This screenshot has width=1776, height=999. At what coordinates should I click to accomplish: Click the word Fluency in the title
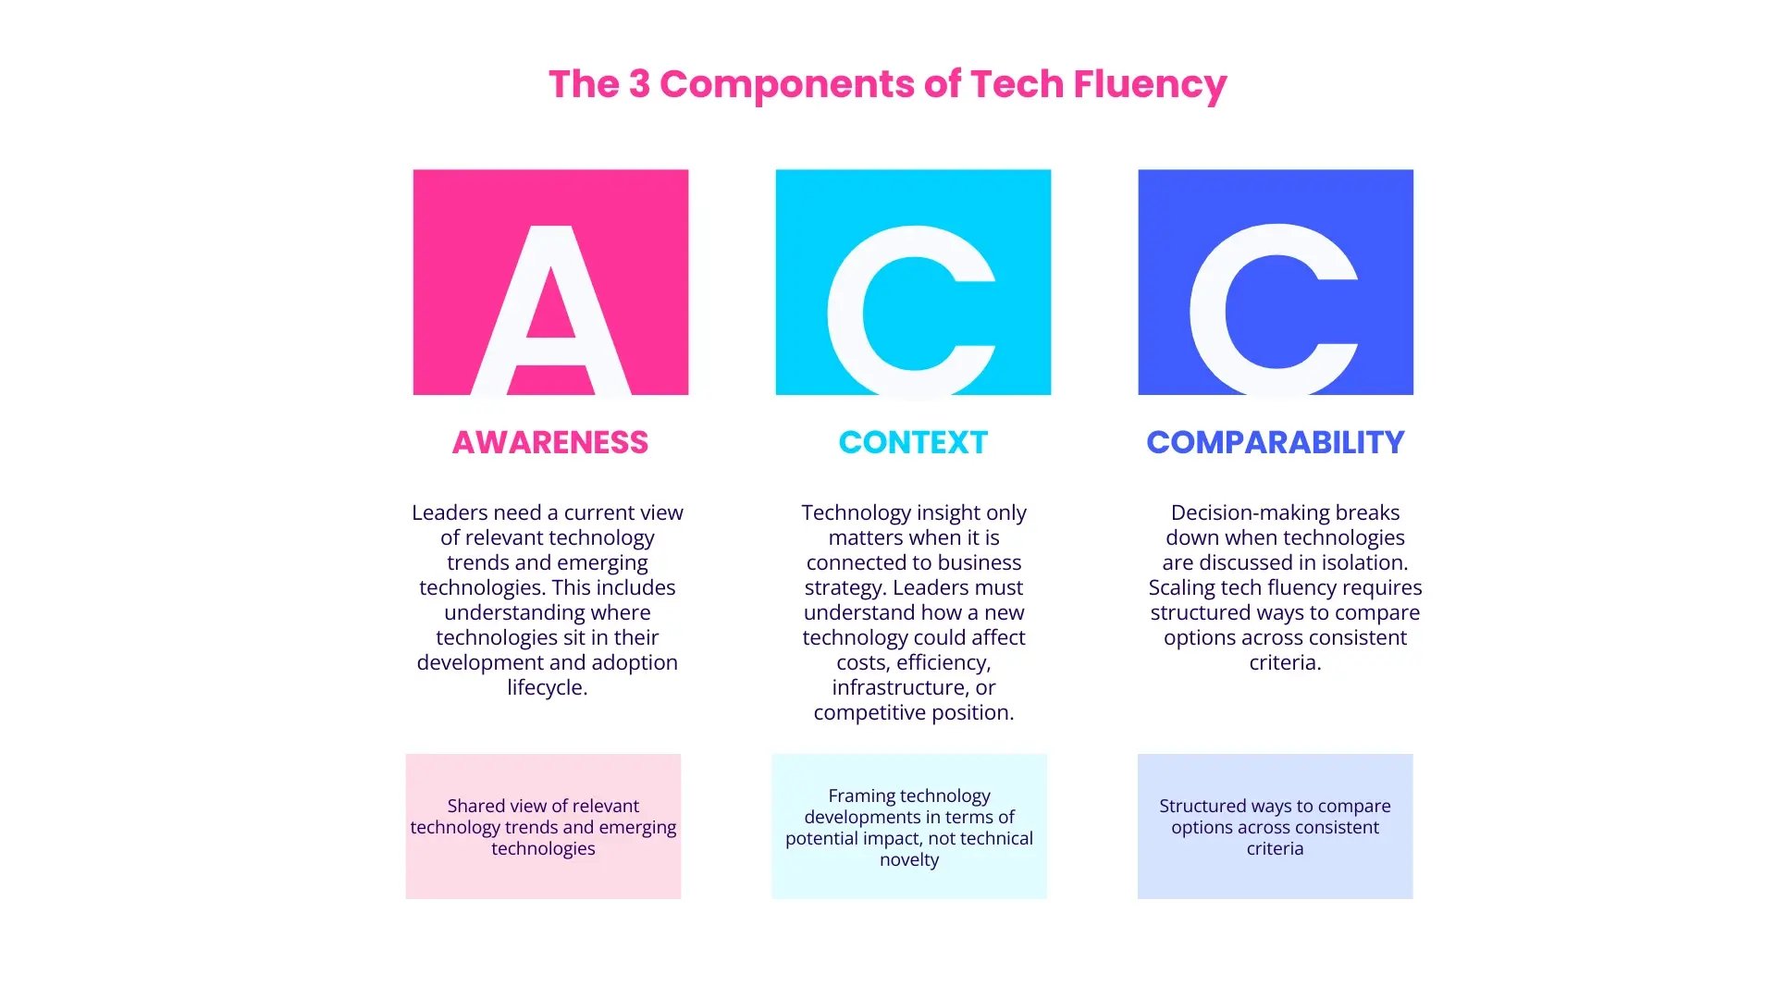[1150, 84]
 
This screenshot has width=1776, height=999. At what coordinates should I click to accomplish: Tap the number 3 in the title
[639, 84]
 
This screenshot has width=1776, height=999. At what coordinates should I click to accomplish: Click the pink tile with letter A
[550, 282]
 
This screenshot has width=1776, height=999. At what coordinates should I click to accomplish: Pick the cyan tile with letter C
[913, 282]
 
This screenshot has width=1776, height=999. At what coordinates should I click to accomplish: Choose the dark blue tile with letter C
[1276, 282]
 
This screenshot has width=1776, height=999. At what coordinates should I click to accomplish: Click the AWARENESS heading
[550, 442]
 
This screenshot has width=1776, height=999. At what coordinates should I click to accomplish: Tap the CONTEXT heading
[913, 442]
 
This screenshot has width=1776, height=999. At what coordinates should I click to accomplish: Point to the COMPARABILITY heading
[1276, 442]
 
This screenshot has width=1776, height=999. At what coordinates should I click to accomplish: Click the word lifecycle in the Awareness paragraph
[546, 687]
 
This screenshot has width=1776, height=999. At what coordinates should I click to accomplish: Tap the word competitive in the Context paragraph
[869, 712]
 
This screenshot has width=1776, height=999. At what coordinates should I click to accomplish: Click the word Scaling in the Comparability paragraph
[1182, 587]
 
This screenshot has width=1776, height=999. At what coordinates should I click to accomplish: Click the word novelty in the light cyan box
[909, 859]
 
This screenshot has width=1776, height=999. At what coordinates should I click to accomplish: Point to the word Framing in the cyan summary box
[861, 795]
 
